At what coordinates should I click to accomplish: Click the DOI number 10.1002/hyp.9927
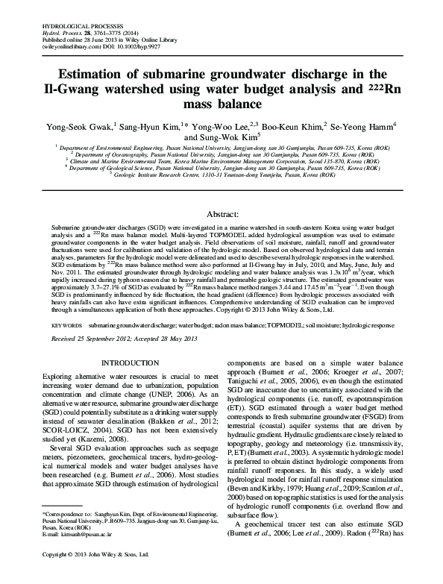pyautogui.click(x=156, y=45)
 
